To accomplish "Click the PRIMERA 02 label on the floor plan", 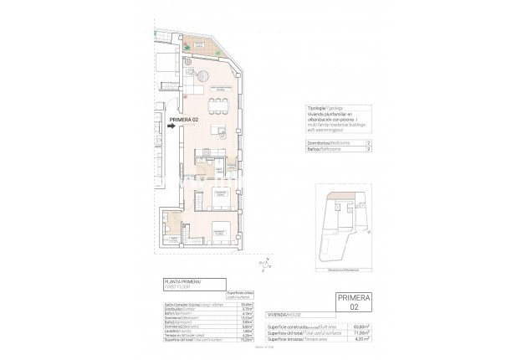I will coord(184,121).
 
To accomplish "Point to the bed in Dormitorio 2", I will coord(222,198).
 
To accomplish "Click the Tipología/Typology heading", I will coord(322,109).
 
